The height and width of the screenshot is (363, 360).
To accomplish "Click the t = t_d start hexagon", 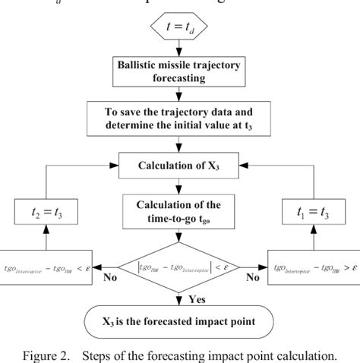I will coord(178,28).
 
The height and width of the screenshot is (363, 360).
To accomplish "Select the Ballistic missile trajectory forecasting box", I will coord(178,72).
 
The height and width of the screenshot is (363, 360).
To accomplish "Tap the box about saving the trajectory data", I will coord(178,117).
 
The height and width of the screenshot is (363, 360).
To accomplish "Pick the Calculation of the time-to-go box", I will coord(178,209).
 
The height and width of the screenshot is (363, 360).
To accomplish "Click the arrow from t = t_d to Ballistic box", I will coord(178,49).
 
